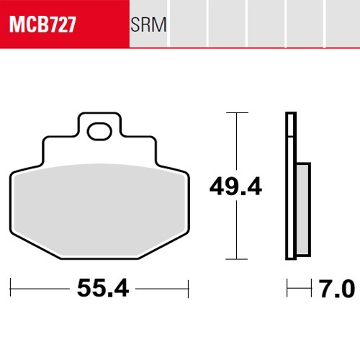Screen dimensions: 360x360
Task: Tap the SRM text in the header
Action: pos(149,27)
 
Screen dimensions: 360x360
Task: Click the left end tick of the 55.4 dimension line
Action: pos(12,289)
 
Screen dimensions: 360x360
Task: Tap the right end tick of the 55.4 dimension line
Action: pos(188,289)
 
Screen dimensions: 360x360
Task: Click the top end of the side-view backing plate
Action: pos(290,115)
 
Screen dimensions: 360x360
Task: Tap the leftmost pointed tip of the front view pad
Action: pos(12,174)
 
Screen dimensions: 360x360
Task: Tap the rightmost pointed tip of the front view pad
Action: pos(188,174)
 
